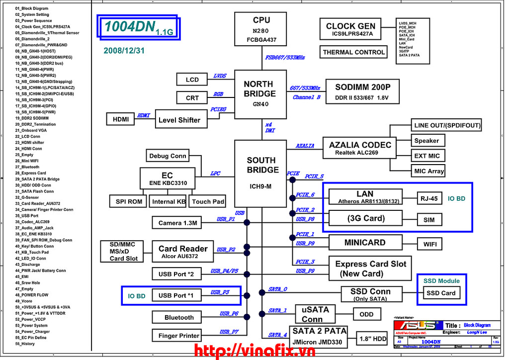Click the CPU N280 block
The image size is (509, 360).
261,29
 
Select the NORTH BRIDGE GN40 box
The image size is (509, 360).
259,93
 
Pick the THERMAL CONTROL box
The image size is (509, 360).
354,52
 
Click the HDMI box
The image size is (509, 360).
120,119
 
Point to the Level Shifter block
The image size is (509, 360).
179,120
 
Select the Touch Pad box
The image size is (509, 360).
208,201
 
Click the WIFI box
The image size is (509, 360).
429,244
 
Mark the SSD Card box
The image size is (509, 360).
441,293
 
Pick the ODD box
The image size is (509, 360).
366,314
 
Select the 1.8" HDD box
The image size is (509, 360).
373,339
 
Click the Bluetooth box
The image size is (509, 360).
179,317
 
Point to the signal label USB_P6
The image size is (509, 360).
229,314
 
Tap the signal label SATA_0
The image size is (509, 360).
278,289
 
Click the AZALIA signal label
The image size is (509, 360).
305,146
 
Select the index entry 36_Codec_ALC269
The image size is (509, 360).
32,222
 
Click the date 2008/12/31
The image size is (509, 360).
124,51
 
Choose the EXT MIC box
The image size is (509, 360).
427,156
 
